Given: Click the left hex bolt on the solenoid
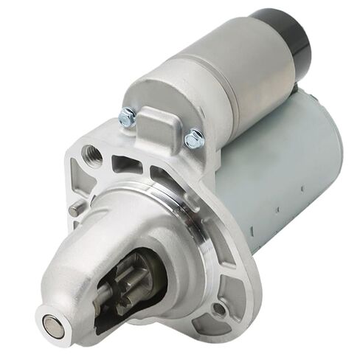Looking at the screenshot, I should [128, 116].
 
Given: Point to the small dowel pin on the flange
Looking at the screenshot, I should [75, 210].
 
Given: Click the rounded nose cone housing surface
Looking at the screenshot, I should [96, 243].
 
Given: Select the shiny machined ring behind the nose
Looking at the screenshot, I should [199, 221].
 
